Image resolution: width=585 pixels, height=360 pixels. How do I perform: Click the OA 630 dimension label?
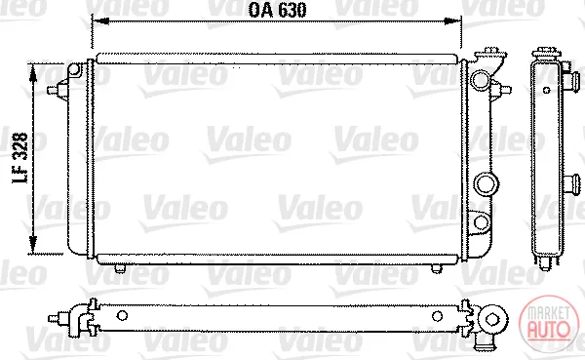[278, 10]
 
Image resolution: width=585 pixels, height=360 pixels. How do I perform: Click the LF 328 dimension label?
[20, 158]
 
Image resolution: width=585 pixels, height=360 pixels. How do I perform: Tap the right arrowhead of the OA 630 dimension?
[452, 20]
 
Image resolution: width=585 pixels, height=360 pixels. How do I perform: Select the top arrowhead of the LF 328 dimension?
[33, 73]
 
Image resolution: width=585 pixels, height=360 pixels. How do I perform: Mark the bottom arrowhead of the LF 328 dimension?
[33, 245]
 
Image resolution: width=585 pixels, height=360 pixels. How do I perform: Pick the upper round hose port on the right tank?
[480, 80]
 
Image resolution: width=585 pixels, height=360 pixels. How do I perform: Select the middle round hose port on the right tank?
[487, 183]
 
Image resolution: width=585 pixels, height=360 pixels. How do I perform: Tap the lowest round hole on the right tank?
[481, 222]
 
